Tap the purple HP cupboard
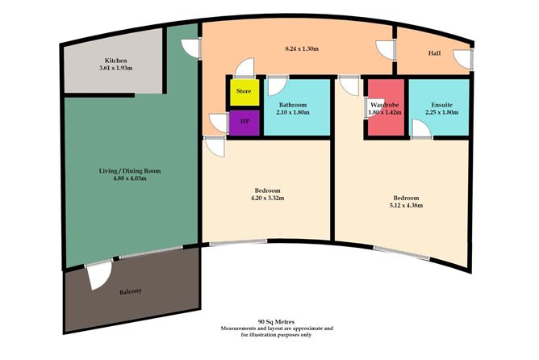coord(244,124)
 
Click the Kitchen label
coord(115,61)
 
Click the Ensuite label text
coord(441,105)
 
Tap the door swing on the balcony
coord(98,276)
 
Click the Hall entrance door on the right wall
coord(462,60)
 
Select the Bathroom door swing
coord(277,85)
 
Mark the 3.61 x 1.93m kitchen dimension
coord(115,69)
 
